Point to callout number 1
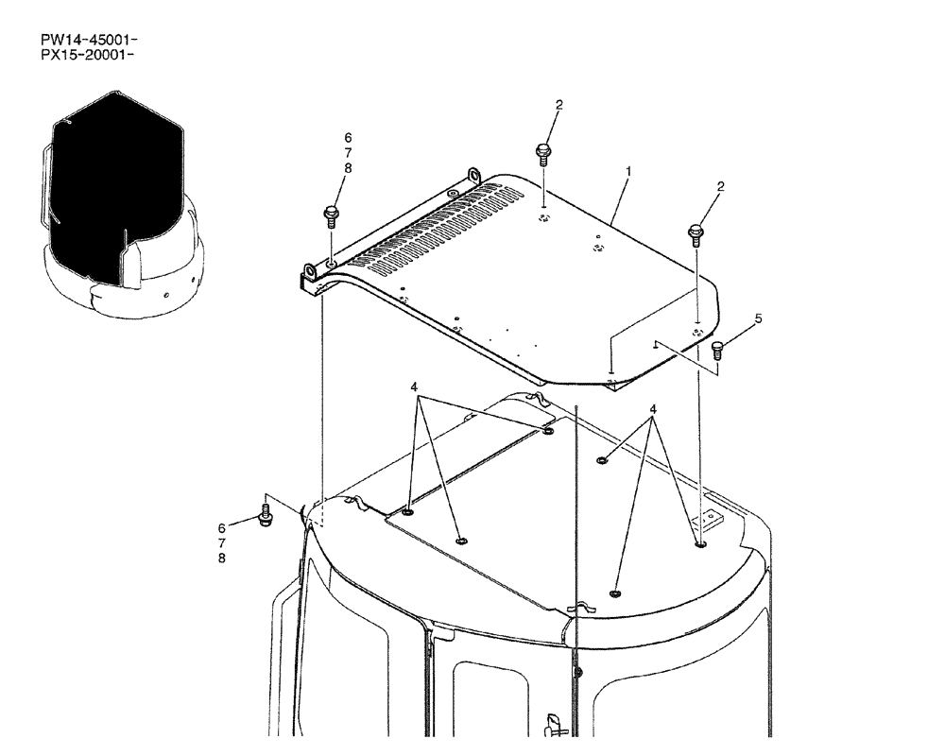(628, 172)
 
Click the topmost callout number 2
(558, 105)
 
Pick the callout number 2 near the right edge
(720, 187)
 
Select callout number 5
(757, 319)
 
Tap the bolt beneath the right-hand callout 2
(696, 232)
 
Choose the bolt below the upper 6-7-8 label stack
(331, 215)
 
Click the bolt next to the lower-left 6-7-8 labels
(264, 518)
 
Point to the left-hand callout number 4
(414, 387)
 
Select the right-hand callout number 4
(652, 409)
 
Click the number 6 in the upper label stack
(348, 138)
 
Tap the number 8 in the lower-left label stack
(221, 558)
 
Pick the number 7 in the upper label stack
(348, 153)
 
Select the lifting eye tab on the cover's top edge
(472, 176)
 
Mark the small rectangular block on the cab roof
(706, 520)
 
